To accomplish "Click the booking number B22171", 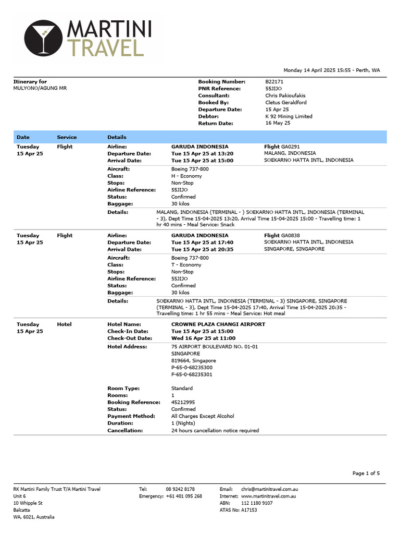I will coord(274,82).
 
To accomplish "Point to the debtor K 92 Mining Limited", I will coord(289,117).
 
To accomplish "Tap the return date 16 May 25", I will coord(278,124).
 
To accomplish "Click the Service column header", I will coord(67,137).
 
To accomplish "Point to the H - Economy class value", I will coord(186,176).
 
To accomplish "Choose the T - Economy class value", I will coord(186,265).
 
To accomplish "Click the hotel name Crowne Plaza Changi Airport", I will coord(218,324).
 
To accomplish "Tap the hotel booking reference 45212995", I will coord(183,403).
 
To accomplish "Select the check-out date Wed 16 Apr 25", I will coord(202,338).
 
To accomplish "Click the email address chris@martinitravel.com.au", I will coord(269,489).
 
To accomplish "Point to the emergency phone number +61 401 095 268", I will coord(184,496).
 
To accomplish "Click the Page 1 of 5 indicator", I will coord(366,474).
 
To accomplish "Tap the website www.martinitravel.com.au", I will coord(269,496).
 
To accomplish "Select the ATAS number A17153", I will coord(249,510).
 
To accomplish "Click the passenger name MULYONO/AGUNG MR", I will coord(40,89).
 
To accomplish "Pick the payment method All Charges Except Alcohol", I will coord(203,416).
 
